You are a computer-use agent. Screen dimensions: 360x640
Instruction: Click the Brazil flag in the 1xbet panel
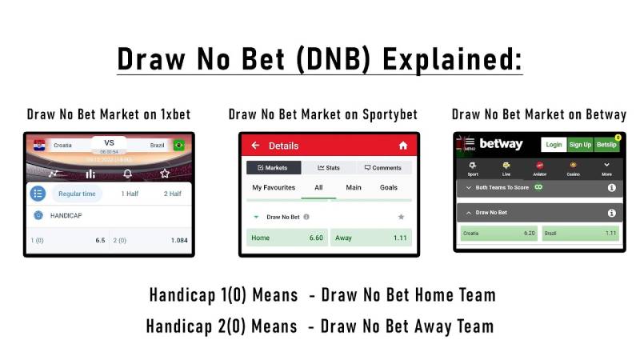point(178,145)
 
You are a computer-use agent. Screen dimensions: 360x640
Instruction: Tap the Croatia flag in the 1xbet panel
point(39,145)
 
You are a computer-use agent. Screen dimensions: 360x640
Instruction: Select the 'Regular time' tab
point(78,194)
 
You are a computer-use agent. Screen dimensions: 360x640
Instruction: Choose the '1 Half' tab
point(129,194)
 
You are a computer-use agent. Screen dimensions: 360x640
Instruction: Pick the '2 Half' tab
point(172,194)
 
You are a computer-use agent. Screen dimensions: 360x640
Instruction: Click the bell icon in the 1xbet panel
point(127,174)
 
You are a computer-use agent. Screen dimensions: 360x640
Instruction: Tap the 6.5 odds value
point(100,240)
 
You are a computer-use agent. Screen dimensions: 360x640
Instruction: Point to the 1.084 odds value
point(179,240)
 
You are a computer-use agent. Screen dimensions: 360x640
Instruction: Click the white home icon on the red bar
point(402,146)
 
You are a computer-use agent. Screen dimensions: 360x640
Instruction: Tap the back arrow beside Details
point(255,146)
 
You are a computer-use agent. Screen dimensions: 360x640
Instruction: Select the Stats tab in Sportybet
point(329,168)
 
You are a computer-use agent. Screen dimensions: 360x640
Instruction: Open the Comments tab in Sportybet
point(382,168)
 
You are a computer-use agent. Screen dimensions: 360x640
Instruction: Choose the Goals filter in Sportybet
point(389,187)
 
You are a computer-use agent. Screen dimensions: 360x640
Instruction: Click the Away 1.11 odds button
point(382,238)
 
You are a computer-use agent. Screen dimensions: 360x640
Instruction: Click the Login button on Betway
point(553,144)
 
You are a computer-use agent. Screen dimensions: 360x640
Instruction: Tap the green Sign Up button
point(580,144)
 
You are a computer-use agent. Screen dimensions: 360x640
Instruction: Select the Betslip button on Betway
point(606,144)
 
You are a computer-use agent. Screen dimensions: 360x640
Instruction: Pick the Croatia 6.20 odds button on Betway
point(498,234)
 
